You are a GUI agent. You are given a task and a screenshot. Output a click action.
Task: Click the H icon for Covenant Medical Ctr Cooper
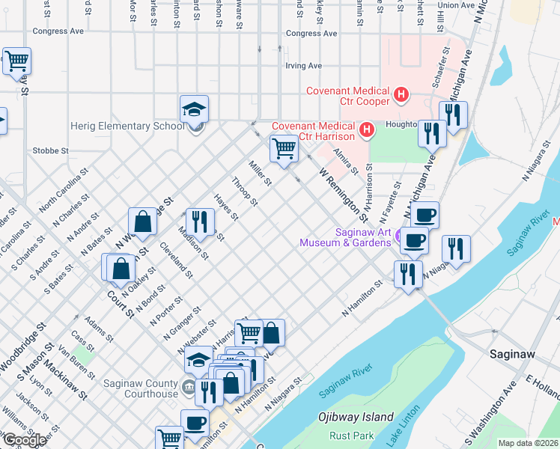tap(402, 95)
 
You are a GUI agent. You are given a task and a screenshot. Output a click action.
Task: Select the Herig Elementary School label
tap(127, 126)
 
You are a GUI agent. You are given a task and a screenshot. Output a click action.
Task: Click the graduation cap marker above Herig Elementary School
tap(194, 109)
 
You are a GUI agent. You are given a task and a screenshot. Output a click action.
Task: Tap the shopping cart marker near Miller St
tap(284, 148)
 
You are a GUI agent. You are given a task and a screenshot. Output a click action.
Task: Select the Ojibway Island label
tap(356, 416)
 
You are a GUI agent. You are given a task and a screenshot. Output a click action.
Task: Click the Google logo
tap(24, 440)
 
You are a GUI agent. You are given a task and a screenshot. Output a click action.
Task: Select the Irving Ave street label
tap(303, 66)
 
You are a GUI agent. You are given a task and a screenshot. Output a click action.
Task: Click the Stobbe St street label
tap(51, 150)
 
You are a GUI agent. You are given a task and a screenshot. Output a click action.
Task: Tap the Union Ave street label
tap(456, 5)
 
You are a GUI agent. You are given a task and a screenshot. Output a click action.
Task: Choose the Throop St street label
tap(245, 192)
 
